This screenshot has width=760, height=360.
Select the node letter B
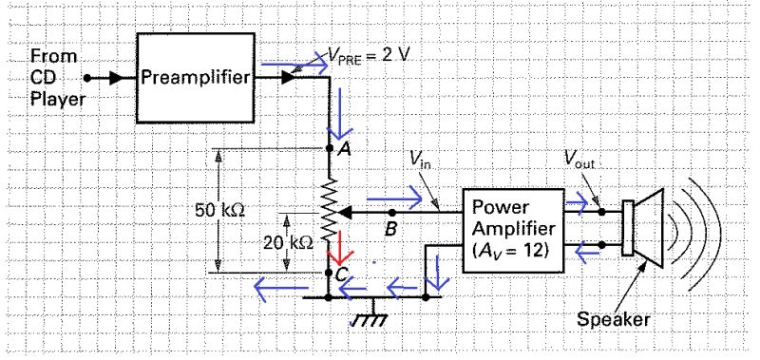coord(389,229)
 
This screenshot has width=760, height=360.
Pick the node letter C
coord(342,275)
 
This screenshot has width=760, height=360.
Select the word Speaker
coord(614,319)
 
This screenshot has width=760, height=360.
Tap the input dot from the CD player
coord(87,78)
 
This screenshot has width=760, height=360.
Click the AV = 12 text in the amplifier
coord(512,254)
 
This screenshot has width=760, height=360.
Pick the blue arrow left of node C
coord(281,280)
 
